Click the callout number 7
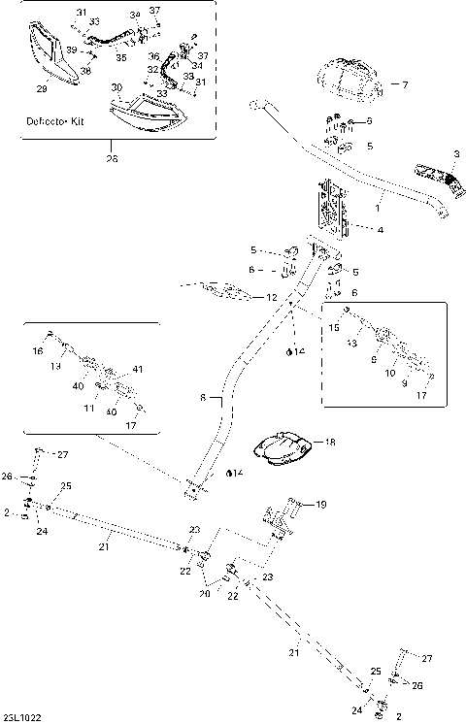click(405, 85)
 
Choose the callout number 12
click(273, 297)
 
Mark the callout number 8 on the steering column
click(203, 398)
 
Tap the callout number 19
click(321, 504)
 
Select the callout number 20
click(205, 593)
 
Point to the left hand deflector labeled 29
click(52, 55)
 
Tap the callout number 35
click(120, 58)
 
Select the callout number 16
click(39, 351)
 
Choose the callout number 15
click(334, 328)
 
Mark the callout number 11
click(89, 410)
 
